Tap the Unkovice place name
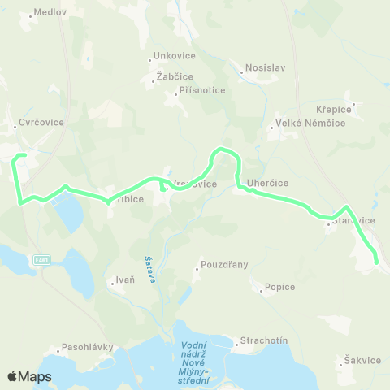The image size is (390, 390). coord(172,58)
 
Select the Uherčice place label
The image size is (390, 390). coord(268,183)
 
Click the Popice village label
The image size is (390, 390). coord(279,287)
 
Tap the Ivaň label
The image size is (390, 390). coord(124,280)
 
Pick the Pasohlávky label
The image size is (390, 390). coord(89,347)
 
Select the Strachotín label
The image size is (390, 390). coord(263,340)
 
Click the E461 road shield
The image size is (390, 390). coord(42,259)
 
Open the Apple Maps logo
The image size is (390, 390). coord(29,376)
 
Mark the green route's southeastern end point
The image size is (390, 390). coord(376,261)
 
